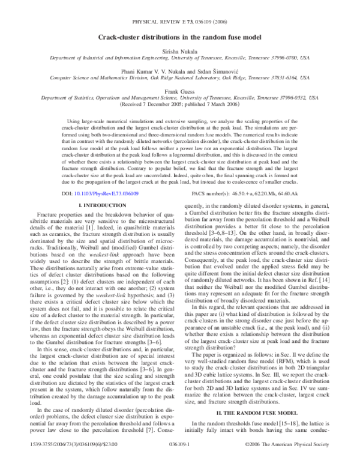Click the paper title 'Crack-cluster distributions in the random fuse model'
(179, 37)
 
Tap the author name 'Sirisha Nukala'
(179, 52)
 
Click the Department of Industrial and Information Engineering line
(179, 59)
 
